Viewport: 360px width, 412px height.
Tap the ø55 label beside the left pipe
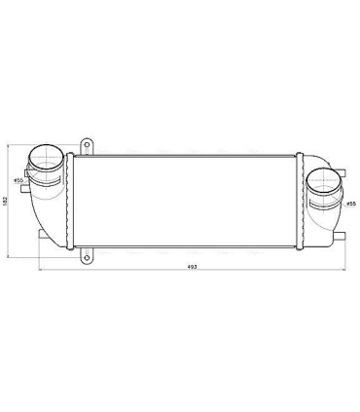pos(18,180)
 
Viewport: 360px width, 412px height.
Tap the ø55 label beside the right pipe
pos(351,205)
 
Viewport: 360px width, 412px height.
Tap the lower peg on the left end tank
pos(39,238)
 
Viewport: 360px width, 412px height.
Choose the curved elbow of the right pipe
pos(321,216)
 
